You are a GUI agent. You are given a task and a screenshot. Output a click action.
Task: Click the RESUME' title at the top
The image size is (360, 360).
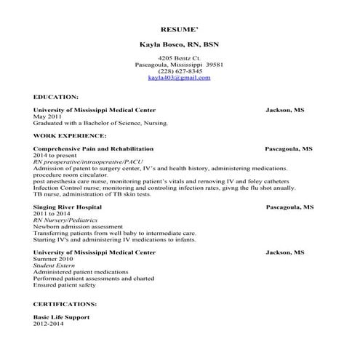[x=180, y=31]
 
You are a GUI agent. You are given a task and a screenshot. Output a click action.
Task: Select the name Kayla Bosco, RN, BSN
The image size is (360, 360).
[x=179, y=44]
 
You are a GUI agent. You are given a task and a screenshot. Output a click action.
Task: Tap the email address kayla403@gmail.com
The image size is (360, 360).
[x=179, y=77]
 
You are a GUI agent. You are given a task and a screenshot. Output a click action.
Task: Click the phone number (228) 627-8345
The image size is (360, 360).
[x=179, y=71]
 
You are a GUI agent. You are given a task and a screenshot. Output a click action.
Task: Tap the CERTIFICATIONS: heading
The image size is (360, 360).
[x=65, y=304]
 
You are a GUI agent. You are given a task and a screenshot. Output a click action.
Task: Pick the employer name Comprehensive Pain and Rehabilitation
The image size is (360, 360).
[x=93, y=148]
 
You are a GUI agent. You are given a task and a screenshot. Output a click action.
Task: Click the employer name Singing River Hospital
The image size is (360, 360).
[x=68, y=207]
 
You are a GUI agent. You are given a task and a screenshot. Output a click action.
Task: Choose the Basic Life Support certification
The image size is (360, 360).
[x=61, y=318]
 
